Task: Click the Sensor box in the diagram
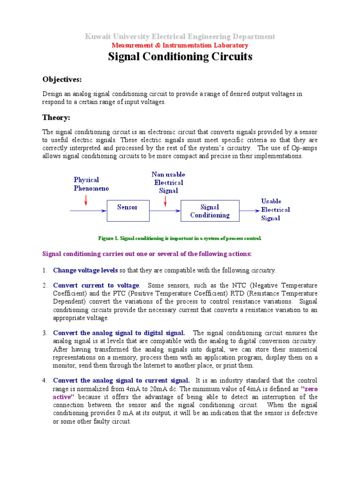click(x=127, y=207)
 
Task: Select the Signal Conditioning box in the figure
click(x=210, y=211)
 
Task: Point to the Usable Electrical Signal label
click(x=275, y=210)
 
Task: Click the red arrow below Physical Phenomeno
click(x=85, y=200)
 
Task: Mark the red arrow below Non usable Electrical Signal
click(x=165, y=200)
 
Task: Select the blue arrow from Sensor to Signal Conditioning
click(x=165, y=211)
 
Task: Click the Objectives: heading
click(x=62, y=79)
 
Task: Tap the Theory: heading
click(x=56, y=117)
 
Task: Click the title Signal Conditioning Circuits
click(x=180, y=57)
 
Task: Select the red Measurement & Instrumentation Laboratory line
click(x=180, y=45)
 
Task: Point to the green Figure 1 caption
click(x=180, y=238)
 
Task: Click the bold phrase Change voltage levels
click(x=86, y=270)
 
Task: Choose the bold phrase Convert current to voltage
click(x=96, y=285)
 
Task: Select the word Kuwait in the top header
click(x=97, y=37)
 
